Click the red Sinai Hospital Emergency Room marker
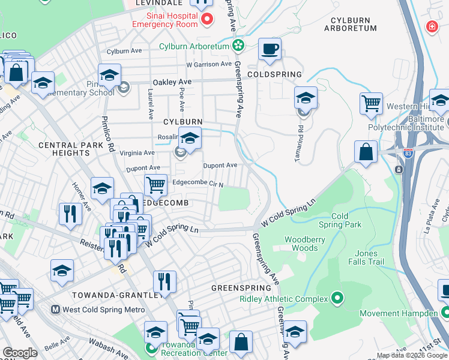pos(207,19)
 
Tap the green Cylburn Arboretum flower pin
pos(238,46)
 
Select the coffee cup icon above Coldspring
pos(270,49)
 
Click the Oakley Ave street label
pos(172,82)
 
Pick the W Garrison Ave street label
pos(208,64)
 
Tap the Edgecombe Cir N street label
pos(197,184)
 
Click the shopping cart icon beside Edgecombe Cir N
pos(156,185)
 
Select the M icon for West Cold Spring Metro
pos(55,310)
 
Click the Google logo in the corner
pos(20,353)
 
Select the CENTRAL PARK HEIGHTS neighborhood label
pos(63,149)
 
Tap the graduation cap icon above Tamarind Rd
pos(306,98)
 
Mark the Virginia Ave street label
pos(138,154)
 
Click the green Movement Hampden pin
pos(445,313)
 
